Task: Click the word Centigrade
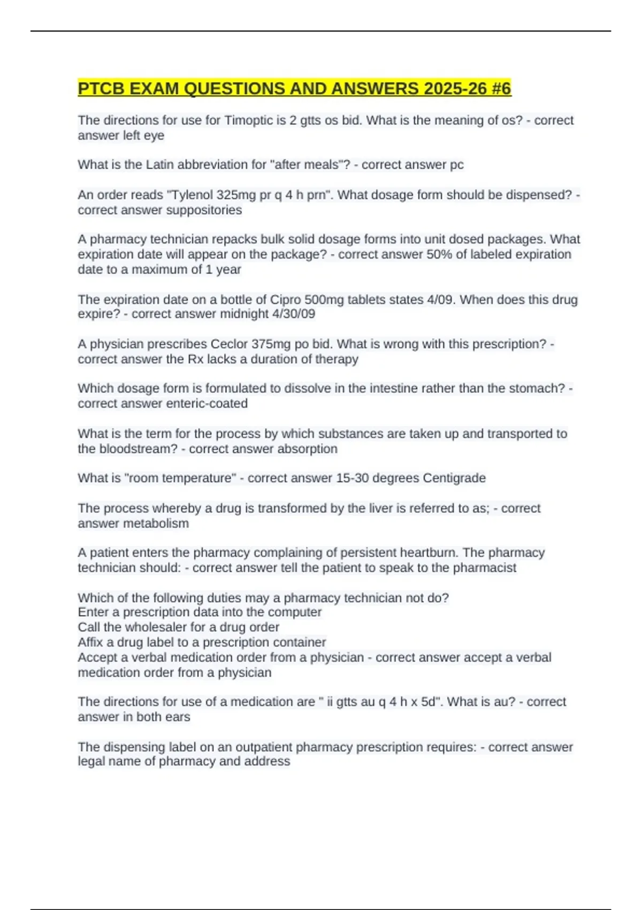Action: click(454, 478)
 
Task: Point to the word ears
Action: click(177, 717)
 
